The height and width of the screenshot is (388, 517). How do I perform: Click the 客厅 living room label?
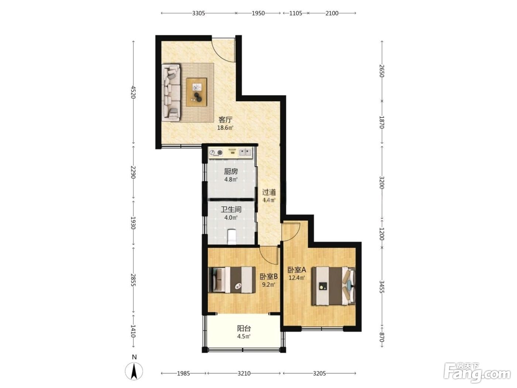click(225, 120)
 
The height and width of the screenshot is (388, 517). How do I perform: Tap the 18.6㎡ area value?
click(225, 128)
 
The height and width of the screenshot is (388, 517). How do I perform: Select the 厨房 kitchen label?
click(231, 171)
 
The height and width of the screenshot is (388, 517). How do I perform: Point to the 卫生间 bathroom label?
click(231, 210)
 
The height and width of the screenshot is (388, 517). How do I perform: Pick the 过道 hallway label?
click(269, 193)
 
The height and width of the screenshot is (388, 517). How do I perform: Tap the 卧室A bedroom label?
click(297, 269)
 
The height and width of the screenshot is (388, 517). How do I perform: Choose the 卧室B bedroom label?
click(269, 276)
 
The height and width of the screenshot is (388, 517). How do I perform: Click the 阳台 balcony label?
click(244, 328)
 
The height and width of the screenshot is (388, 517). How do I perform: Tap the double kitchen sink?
click(245, 152)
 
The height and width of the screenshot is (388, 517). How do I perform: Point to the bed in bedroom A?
click(333, 286)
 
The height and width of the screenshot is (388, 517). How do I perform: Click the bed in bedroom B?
click(232, 280)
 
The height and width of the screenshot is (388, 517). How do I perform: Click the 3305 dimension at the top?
click(199, 13)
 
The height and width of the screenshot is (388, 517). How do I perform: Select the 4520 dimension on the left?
click(133, 92)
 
